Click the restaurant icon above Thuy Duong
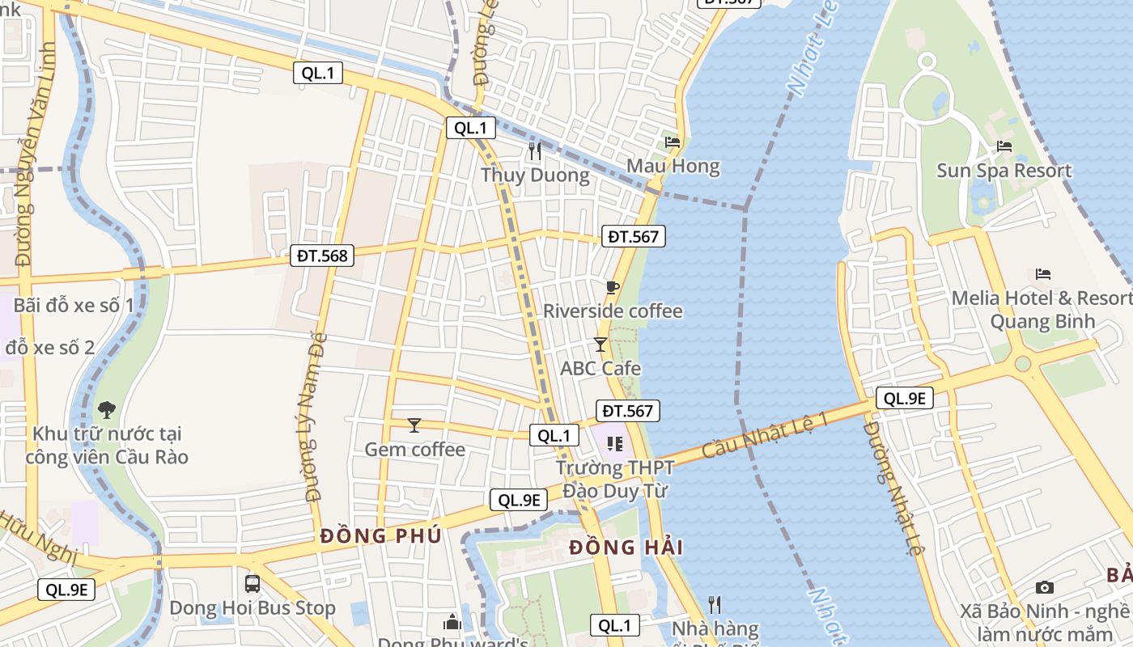pyautogui.click(x=534, y=150)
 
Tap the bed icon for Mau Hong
pyautogui.click(x=673, y=142)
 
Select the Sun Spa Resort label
pyautogui.click(x=1004, y=171)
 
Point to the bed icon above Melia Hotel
pyautogui.click(x=1043, y=274)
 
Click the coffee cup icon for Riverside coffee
pyautogui.click(x=613, y=287)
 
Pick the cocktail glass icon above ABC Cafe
pyautogui.click(x=600, y=345)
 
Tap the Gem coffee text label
pyautogui.click(x=414, y=450)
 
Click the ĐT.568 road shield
pyautogui.click(x=322, y=256)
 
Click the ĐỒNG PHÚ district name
pyautogui.click(x=380, y=536)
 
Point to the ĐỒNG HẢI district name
pyautogui.click(x=626, y=548)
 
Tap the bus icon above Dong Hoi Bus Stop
pyautogui.click(x=252, y=583)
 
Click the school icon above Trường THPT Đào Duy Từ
pyautogui.click(x=615, y=444)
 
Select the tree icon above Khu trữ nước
pyautogui.click(x=106, y=409)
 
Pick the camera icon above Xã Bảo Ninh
pyautogui.click(x=1045, y=587)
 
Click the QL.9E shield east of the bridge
pyautogui.click(x=905, y=398)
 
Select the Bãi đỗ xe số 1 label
pyautogui.click(x=74, y=306)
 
